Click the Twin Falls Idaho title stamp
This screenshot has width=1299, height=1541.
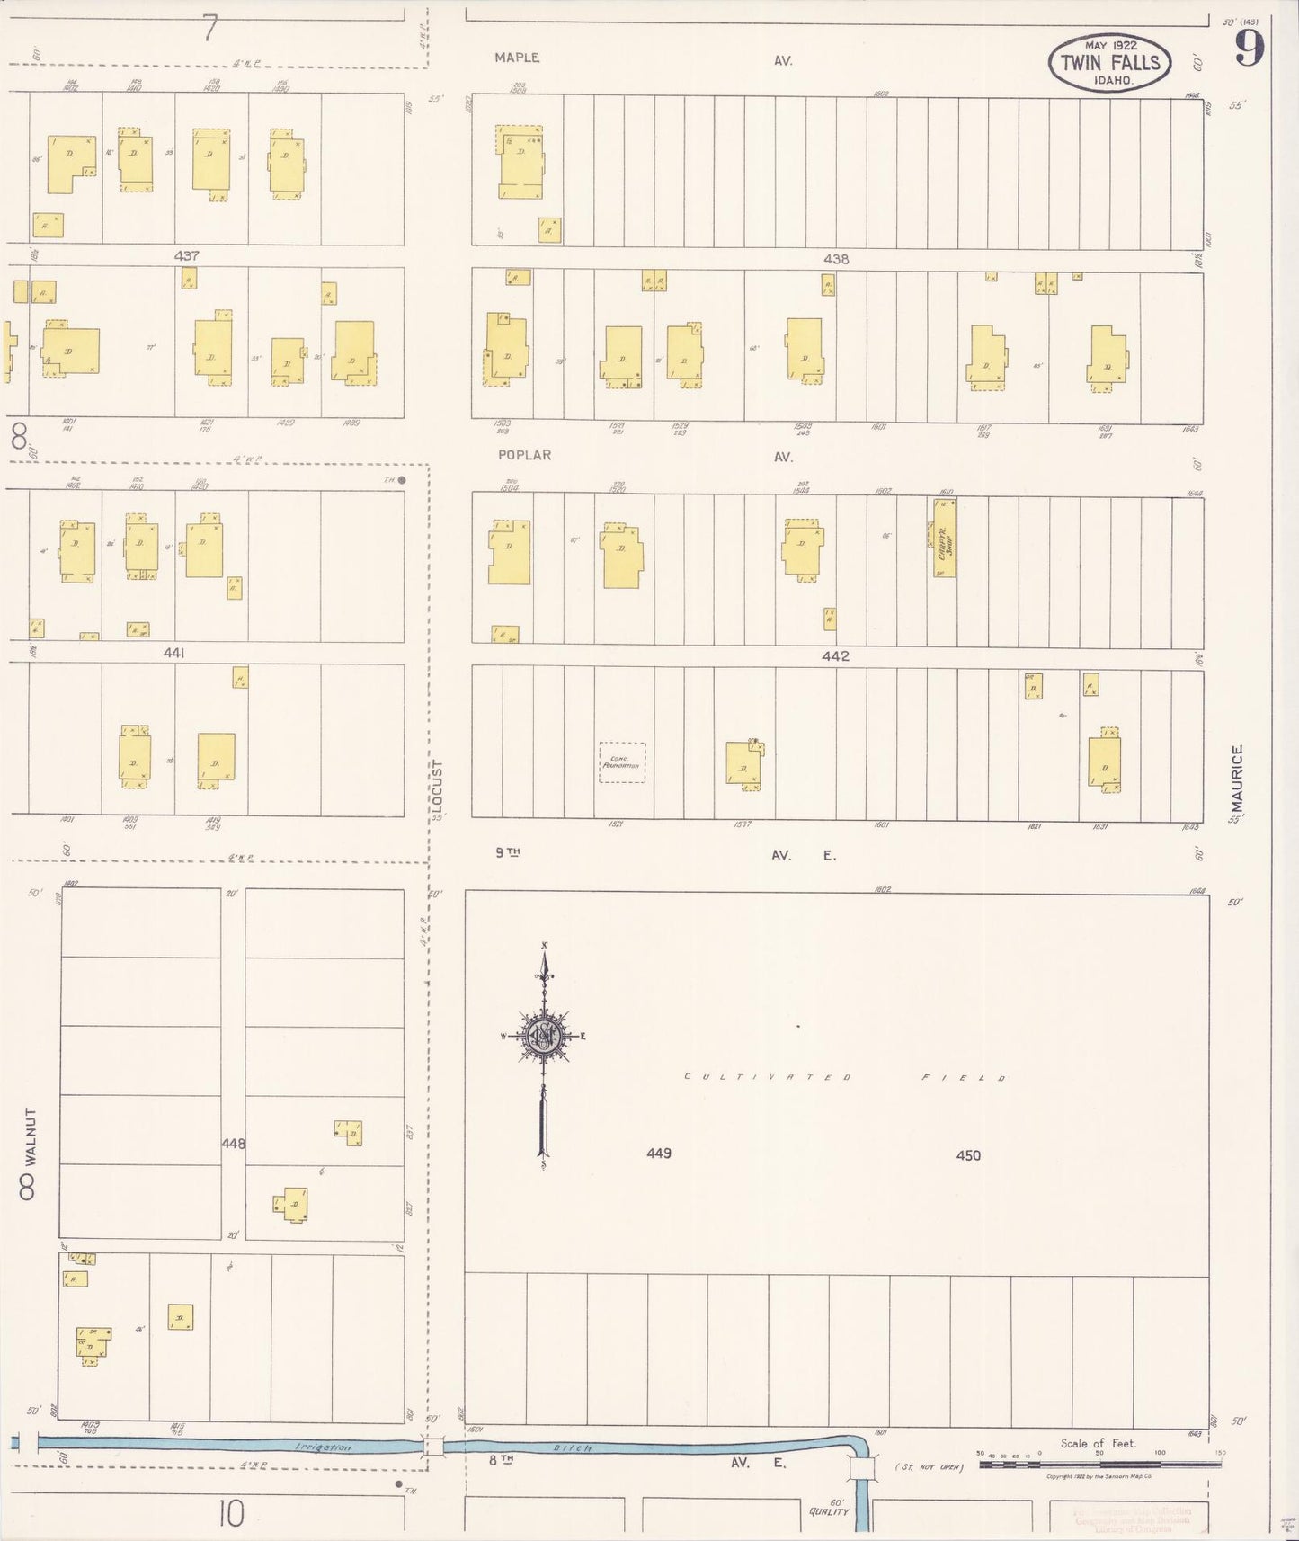pos(1109,62)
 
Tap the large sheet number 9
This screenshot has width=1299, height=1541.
pos(1250,48)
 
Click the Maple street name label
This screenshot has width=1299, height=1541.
pos(517,58)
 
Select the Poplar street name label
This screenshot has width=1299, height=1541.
pos(524,455)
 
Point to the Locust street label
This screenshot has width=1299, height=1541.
pos(438,785)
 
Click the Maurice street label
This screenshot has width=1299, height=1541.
pos(1237,775)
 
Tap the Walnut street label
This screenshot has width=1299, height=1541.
pos(29,1136)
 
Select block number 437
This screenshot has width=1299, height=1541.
pos(186,256)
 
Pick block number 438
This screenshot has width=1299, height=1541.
pos(836,259)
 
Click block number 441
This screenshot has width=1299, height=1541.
pos(173,654)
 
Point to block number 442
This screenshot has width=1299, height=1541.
pos(835,656)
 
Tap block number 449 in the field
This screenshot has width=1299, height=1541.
pos(659,1153)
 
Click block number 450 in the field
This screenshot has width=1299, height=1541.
pos(968,1155)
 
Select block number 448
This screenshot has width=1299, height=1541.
pos(234,1144)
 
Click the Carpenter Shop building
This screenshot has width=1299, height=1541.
pos(944,538)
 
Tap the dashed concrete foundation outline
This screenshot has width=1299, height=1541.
pos(622,762)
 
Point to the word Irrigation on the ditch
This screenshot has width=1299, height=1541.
pos(323,1447)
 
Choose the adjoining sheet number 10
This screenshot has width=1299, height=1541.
pos(231,1514)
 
